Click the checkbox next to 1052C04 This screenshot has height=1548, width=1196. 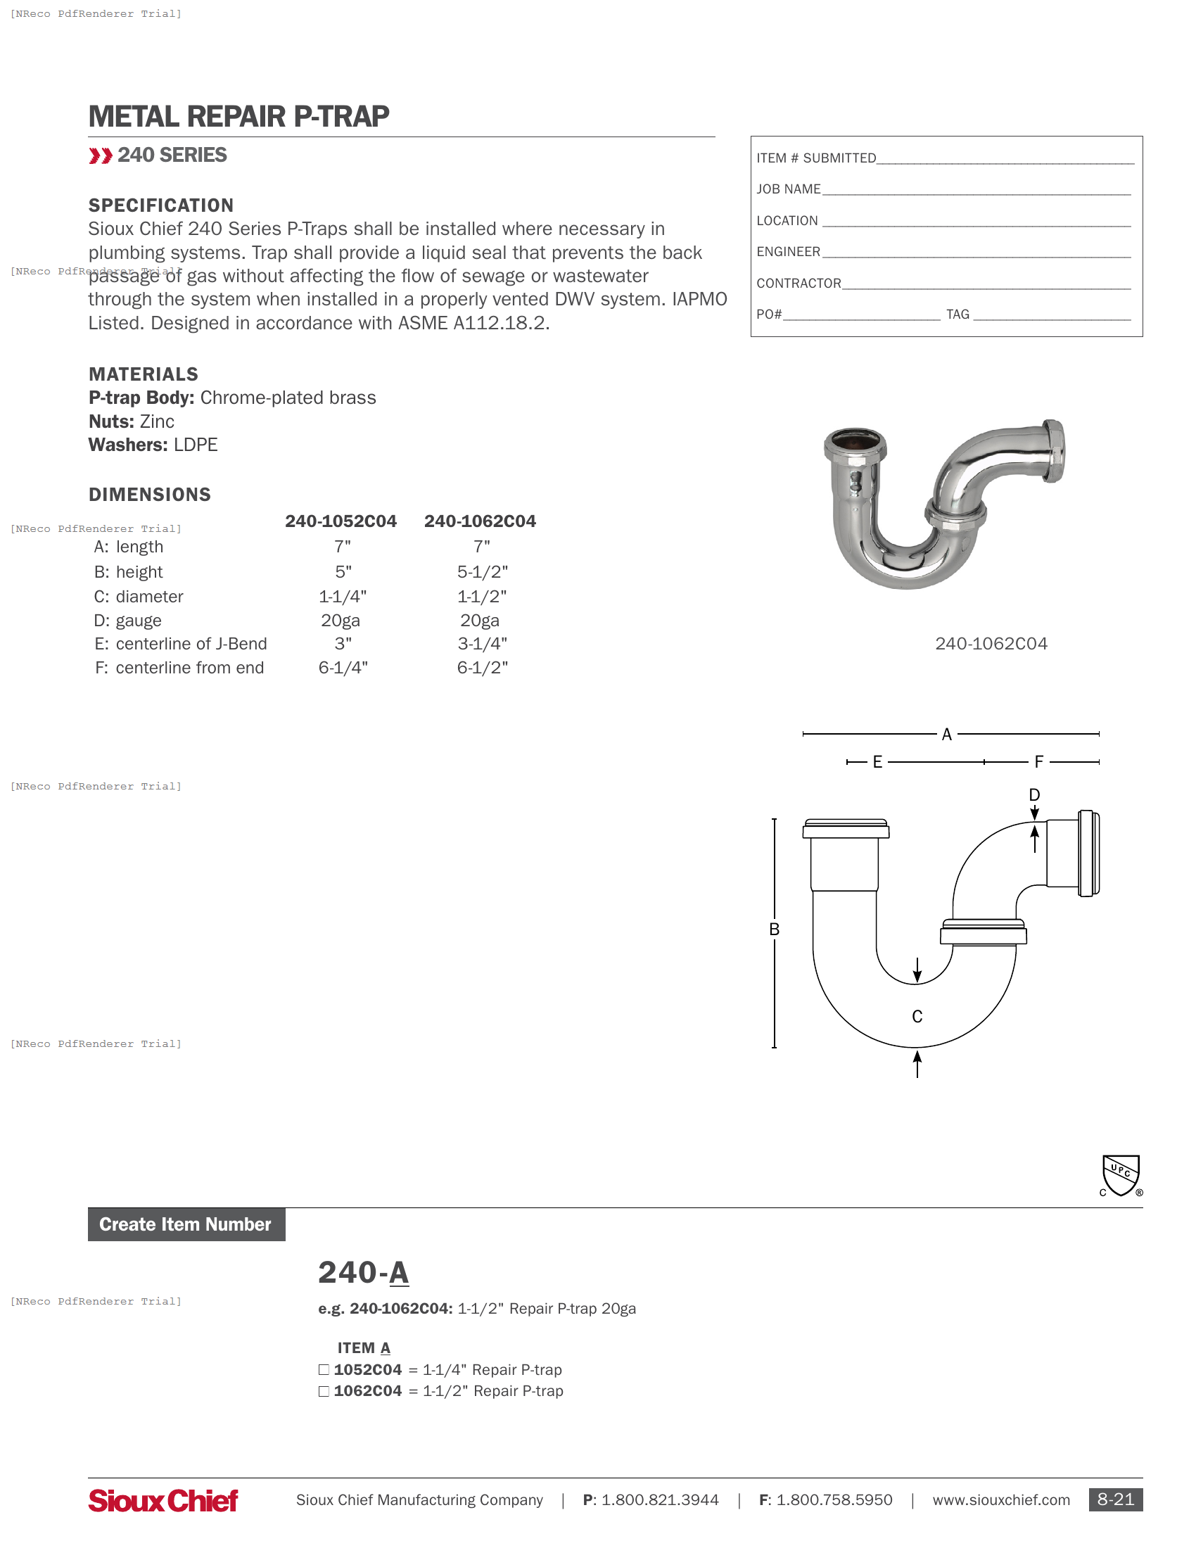[324, 1369]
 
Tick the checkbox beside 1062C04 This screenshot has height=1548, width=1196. [324, 1390]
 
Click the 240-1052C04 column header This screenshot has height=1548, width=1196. [341, 521]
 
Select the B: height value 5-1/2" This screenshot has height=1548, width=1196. [482, 571]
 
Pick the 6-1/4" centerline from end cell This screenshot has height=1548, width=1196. [343, 667]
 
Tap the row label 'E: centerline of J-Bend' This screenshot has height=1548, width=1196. [181, 644]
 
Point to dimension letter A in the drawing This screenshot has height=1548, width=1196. [946, 735]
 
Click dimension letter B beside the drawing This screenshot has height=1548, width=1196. [775, 930]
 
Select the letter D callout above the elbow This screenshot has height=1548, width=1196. [1034, 794]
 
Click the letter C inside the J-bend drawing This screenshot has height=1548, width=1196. [917, 1017]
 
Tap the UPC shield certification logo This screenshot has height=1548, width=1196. [1121, 1175]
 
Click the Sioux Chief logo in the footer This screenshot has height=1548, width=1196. [163, 1500]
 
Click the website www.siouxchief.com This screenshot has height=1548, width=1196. [1000, 1500]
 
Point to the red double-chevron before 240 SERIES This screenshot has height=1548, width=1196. [101, 156]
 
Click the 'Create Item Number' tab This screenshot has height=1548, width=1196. [186, 1224]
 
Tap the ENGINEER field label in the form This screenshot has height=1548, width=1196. [788, 252]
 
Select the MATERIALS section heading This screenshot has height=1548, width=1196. [143, 374]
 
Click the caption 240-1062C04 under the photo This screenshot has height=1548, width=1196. [991, 644]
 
